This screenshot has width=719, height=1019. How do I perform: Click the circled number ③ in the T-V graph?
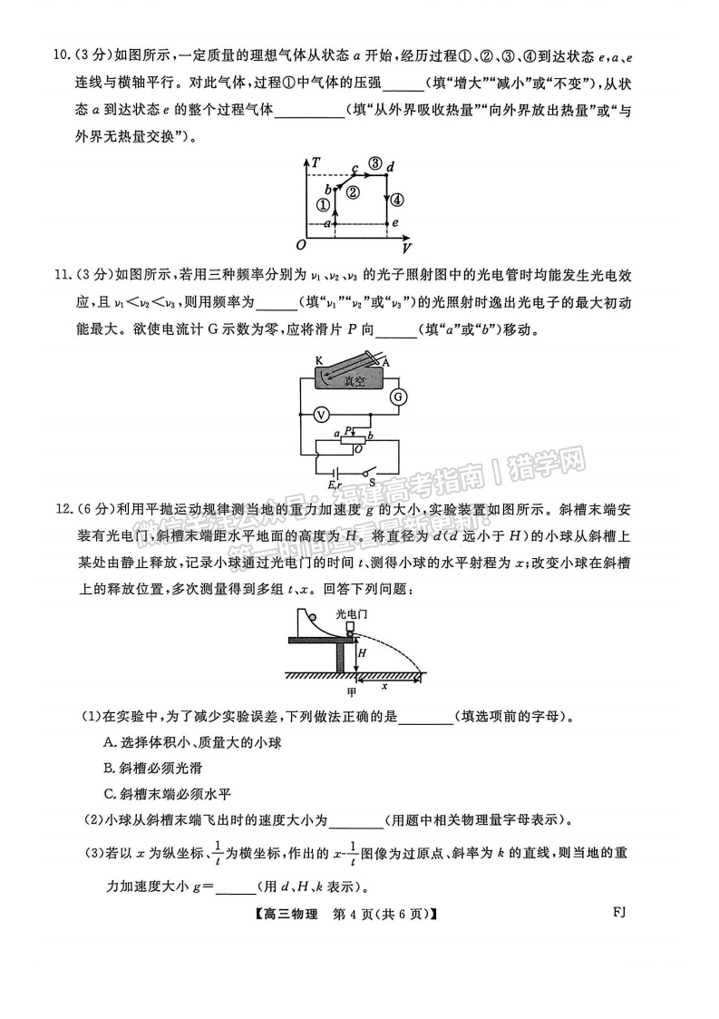tap(374, 164)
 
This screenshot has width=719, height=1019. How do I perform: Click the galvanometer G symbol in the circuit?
tap(396, 397)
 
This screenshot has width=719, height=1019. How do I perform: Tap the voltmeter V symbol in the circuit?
tap(319, 414)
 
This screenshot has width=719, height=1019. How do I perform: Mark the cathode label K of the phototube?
tap(320, 360)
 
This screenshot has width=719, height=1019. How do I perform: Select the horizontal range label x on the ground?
tap(384, 684)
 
